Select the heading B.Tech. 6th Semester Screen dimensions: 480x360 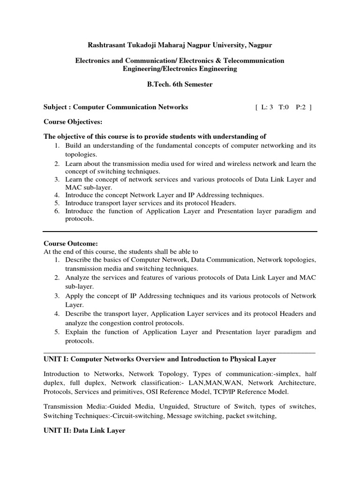180,84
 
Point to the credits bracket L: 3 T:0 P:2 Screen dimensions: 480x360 283,107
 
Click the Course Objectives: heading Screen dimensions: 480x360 73,121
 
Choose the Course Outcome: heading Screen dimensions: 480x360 71,243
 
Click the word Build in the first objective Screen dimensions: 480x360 73,146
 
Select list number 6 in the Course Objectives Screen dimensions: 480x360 56,211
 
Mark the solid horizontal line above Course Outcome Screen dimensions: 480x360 180,231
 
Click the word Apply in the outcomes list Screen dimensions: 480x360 74,296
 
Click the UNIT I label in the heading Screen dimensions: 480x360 56,359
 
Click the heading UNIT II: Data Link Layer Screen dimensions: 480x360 84,430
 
